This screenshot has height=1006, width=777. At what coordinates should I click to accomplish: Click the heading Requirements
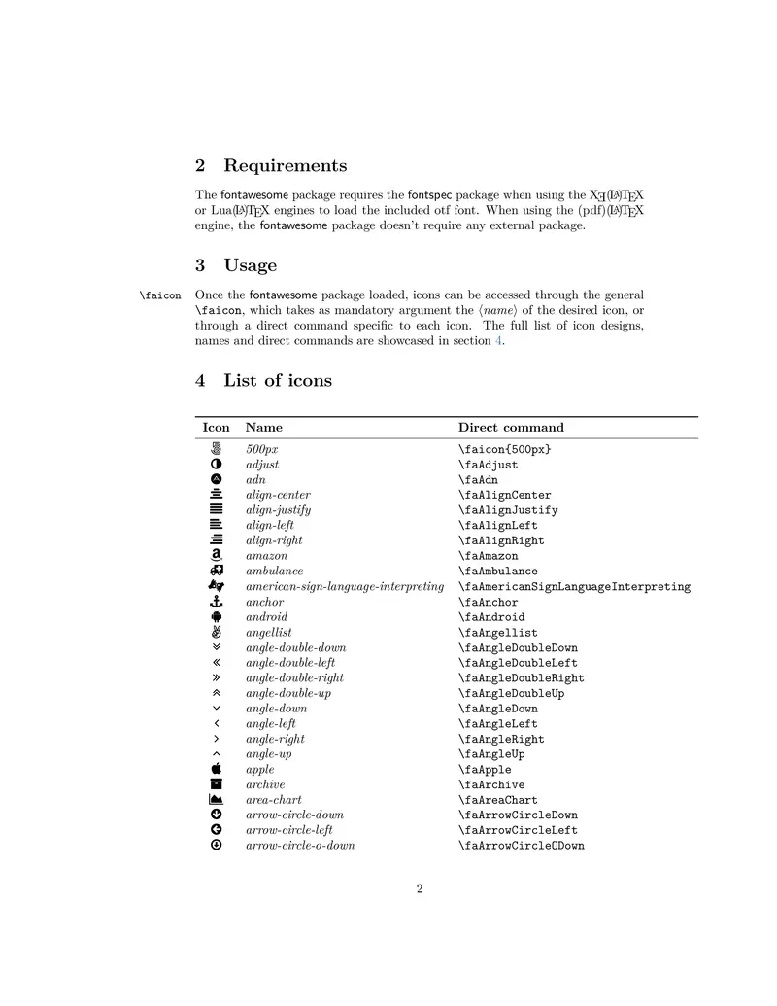coord(285,166)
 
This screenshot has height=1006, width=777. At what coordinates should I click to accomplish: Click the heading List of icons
coord(277,381)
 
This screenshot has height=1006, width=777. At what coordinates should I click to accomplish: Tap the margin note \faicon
coord(160,295)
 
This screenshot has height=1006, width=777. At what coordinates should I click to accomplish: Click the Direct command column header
coord(511,428)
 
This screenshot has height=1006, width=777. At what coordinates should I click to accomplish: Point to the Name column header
coord(264,428)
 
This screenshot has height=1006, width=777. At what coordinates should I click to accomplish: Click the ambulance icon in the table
coord(217,571)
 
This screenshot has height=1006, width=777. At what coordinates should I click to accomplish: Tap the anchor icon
coord(217,602)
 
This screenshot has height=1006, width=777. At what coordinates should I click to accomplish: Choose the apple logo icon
coord(217,769)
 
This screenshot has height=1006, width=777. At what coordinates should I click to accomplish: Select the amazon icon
coord(217,555)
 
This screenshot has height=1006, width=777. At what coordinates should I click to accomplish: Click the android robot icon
coord(217,616)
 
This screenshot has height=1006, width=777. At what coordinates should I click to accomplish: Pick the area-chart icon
coord(217,799)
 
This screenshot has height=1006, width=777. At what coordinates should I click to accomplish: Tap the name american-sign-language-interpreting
coord(345,586)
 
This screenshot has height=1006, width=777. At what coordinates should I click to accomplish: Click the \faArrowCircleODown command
coord(522,846)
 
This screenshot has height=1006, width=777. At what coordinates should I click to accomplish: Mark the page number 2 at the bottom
coord(420,888)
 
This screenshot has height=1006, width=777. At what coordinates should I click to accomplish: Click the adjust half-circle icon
coord(217,465)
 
